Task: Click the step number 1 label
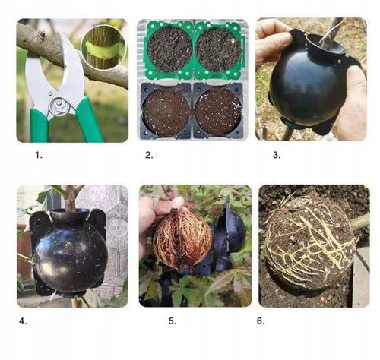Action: click(x=39, y=155)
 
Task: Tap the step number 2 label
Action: click(x=149, y=155)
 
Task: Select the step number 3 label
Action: click(x=277, y=155)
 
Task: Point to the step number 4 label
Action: click(x=23, y=321)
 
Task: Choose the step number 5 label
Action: click(x=173, y=321)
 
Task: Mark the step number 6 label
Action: click(x=261, y=321)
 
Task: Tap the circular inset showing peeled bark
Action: click(x=103, y=48)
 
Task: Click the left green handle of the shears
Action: click(x=39, y=125)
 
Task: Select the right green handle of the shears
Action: click(x=89, y=120)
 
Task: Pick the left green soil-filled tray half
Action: click(x=169, y=50)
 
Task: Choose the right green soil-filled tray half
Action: click(x=219, y=50)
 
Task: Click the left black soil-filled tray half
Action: click(x=166, y=111)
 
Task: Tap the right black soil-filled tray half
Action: click(x=218, y=111)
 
